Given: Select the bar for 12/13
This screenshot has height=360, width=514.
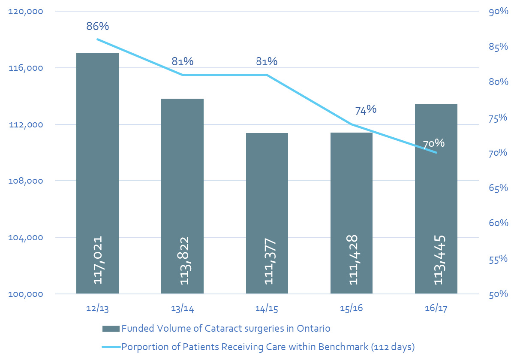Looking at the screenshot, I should point(97,172).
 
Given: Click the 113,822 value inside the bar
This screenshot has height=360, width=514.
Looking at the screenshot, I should point(183,261).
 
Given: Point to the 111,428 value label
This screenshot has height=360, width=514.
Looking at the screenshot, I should point(352,261).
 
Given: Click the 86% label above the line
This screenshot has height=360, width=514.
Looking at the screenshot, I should point(97,26).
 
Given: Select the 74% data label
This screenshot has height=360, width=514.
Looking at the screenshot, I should point(366,110).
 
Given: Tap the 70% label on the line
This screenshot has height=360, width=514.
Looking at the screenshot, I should point(433,144).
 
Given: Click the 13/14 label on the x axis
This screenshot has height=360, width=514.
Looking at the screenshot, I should point(182,309).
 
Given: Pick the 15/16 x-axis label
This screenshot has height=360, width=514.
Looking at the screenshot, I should point(352,309).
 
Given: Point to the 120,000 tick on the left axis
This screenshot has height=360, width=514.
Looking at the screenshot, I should point(26,12).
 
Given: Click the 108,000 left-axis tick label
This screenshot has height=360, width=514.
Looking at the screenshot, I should point(26,181).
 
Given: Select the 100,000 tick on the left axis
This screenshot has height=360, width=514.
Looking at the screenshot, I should point(26,294).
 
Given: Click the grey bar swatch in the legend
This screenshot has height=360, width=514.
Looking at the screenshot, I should point(111,329).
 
